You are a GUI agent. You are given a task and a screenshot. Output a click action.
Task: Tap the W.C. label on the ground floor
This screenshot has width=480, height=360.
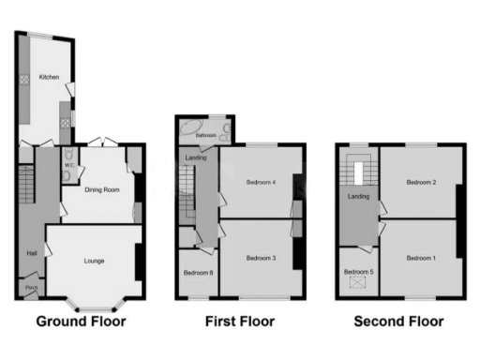68,166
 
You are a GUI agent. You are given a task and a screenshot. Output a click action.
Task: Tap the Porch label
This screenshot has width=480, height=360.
31,287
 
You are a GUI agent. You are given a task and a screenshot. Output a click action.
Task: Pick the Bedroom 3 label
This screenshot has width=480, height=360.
260,257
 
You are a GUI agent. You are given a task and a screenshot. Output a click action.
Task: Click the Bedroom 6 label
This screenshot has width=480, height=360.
198,273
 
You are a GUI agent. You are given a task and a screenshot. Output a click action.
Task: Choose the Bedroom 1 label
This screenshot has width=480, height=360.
421,257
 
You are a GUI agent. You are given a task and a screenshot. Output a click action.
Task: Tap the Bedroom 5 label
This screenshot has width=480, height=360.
358,272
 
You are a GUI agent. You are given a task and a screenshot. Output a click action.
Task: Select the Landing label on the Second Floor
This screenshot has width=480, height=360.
358,197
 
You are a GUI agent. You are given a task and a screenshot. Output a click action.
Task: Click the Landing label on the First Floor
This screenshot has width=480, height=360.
197,157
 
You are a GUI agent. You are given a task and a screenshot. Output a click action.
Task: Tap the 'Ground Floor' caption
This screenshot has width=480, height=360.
81,322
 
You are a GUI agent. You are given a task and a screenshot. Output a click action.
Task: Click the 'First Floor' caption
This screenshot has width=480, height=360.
239,322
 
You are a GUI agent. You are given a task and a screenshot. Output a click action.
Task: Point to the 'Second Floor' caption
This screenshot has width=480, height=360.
398,322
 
